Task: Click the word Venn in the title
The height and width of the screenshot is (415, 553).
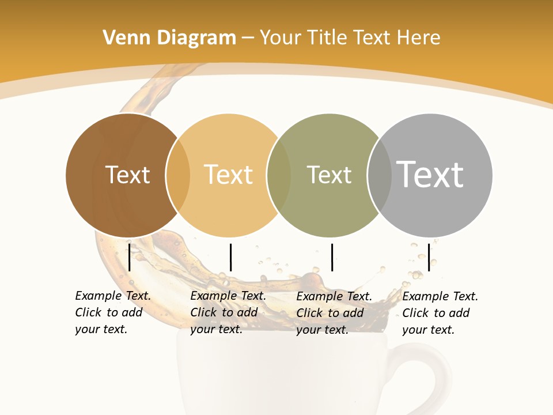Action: tap(120, 38)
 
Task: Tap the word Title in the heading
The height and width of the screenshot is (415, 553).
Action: tap(329, 38)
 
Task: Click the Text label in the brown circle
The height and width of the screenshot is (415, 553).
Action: tap(127, 175)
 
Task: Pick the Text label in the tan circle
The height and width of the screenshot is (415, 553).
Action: tap(229, 175)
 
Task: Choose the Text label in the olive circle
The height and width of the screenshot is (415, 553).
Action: tap(329, 175)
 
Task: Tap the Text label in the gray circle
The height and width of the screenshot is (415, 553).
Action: tap(430, 175)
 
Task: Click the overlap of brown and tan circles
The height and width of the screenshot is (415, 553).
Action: tap(178, 175)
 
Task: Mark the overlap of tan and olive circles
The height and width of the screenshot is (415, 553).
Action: tap(279, 175)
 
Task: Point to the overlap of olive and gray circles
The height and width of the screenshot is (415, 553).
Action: tap(380, 175)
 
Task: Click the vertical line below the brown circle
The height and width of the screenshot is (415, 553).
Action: tap(130, 257)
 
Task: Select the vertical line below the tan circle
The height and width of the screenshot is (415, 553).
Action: tap(230, 257)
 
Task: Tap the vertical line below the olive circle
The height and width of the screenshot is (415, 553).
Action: tap(332, 257)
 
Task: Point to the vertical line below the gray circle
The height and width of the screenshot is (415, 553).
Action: tap(429, 257)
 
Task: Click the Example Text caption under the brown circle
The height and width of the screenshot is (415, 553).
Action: tap(112, 312)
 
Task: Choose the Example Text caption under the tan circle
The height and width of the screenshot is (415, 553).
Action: tap(228, 312)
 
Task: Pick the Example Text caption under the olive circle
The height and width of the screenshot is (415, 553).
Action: tap(334, 313)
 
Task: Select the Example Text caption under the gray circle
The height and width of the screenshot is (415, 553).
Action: tap(440, 313)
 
